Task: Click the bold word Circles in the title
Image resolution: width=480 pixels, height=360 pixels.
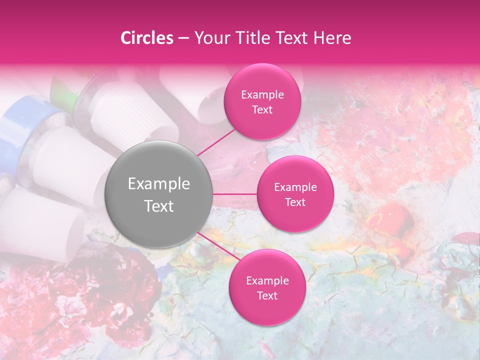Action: (x=146, y=38)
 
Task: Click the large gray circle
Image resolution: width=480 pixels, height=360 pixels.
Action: (x=159, y=194)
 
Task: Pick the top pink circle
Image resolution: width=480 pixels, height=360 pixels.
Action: (x=262, y=102)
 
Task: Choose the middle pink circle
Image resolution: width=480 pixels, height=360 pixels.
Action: (x=295, y=194)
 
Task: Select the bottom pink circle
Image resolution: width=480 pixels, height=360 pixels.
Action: (x=267, y=287)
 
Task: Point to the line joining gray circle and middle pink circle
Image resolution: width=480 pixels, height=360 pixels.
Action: (x=235, y=194)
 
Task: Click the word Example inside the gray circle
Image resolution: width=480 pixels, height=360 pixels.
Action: (x=159, y=183)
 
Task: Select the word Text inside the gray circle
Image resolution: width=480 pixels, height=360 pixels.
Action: (x=159, y=205)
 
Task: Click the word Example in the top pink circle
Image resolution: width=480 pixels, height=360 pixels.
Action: (x=262, y=94)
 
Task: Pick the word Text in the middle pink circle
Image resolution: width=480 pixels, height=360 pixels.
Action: (x=295, y=202)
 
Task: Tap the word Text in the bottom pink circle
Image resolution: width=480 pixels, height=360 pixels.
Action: (x=267, y=295)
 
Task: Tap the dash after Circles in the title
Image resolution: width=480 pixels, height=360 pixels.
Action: (x=183, y=38)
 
